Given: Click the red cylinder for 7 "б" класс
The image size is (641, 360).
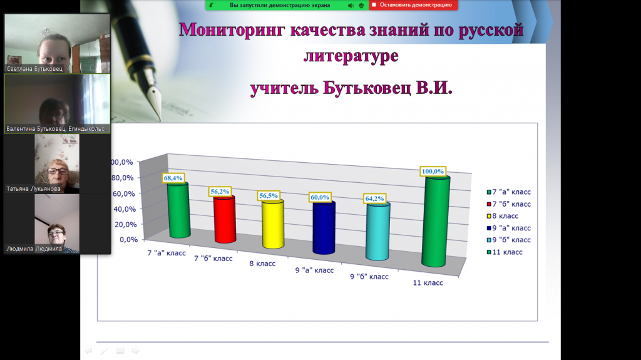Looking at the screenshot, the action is coord(225,219).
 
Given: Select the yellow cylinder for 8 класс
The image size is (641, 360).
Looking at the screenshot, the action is coord(273,224).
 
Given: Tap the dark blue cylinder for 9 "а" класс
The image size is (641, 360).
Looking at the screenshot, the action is coord(324,227).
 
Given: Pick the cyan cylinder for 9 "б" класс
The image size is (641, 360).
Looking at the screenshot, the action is coord(377,232).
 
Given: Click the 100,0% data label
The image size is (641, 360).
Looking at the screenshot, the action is coord(433,172).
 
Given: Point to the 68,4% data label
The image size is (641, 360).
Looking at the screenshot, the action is coord(173,178).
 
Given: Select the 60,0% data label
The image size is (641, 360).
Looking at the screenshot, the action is coord(320,197).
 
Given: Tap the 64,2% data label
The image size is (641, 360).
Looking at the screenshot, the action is coord(374,198).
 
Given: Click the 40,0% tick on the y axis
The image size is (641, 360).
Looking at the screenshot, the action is coord(125,209).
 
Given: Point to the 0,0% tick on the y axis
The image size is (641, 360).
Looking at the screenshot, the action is coord(128,239).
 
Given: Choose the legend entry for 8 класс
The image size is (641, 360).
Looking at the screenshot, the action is coord(503,216).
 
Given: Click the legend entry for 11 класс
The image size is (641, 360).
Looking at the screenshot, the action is coord(505,252).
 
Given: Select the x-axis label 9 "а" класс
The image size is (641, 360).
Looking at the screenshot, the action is coord(314,270).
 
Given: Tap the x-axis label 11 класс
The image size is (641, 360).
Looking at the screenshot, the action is coord(428,283).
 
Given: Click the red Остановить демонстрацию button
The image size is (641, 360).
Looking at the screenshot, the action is coord(413,5).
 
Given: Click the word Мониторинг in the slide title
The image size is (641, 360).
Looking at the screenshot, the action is coord(232,29).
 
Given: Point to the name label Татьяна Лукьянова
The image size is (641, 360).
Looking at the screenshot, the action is coord(33,189).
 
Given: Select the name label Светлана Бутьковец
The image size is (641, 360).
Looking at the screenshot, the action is coord(34,69).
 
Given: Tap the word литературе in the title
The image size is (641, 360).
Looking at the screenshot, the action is coord(351,56).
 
